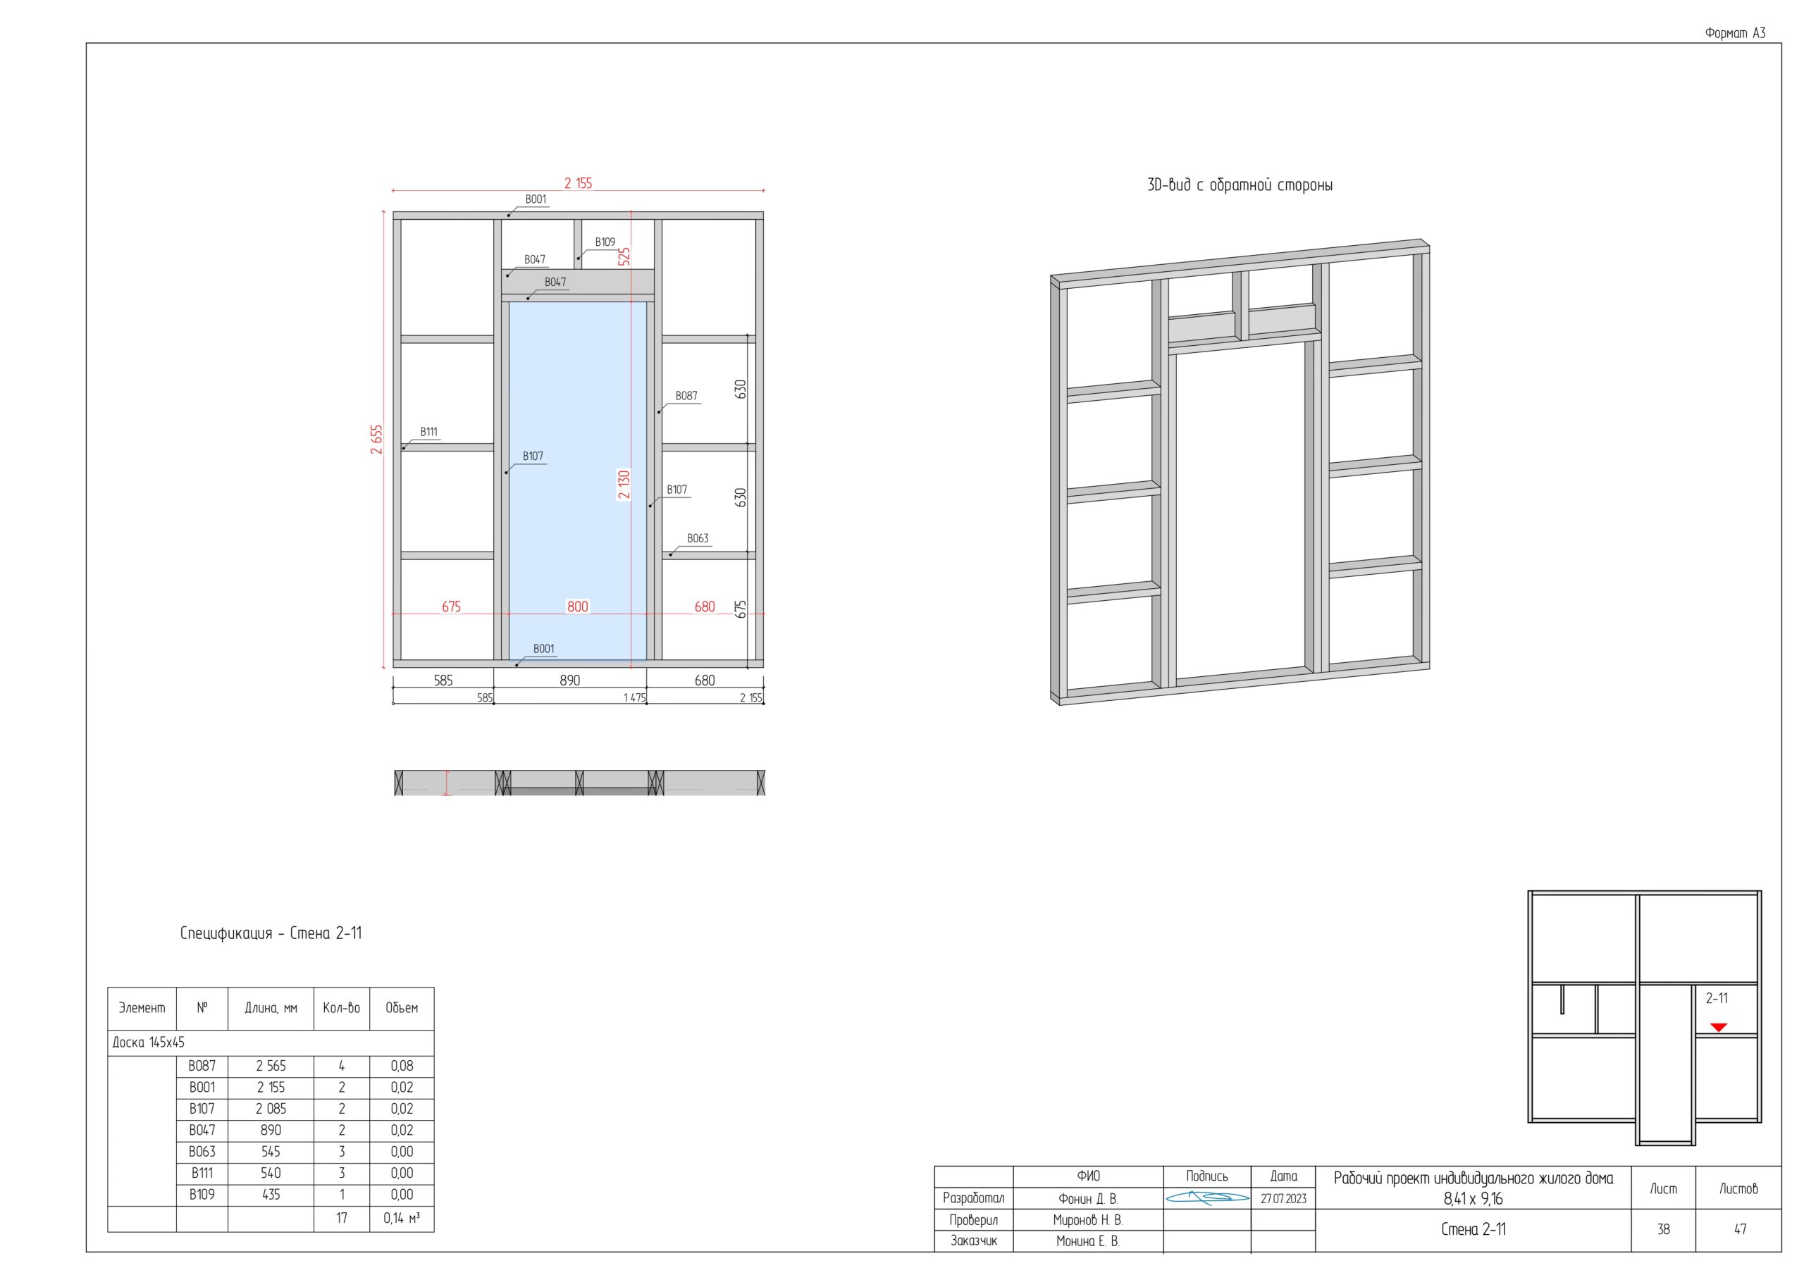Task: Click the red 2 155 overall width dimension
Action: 579,183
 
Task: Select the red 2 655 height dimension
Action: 377,440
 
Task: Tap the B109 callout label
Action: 605,242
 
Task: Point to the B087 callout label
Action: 686,396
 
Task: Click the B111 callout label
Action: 429,431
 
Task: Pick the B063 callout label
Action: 698,538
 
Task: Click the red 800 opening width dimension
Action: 578,607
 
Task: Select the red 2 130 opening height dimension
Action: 624,485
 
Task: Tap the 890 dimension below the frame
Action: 569,680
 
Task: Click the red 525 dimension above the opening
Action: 624,257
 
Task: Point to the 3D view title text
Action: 1240,185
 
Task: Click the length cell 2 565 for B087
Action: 271,1066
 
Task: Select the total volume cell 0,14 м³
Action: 402,1219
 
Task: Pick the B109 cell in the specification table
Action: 202,1194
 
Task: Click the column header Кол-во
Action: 342,1008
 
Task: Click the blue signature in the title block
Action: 1207,1198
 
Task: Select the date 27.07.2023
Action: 1283,1199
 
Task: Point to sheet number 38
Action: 1663,1229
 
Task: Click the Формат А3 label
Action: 1735,33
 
